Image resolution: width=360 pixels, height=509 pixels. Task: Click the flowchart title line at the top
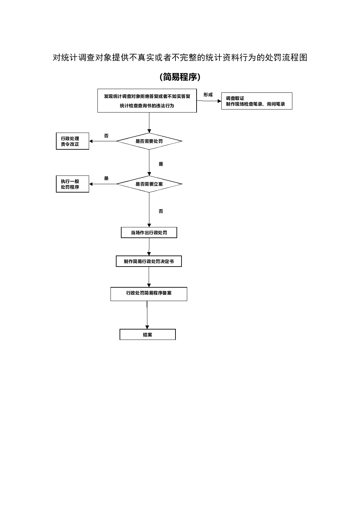(x=180, y=58)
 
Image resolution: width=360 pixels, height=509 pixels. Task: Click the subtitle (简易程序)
(x=180, y=77)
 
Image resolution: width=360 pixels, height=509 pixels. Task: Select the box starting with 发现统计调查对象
(x=147, y=101)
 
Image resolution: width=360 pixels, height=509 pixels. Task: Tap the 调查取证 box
(x=257, y=101)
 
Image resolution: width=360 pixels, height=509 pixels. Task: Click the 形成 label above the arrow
(x=208, y=95)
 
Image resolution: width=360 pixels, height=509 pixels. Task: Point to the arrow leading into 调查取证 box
(x=209, y=101)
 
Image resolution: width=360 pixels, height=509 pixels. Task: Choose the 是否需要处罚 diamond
(x=149, y=141)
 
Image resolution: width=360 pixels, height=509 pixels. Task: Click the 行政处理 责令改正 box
(x=72, y=141)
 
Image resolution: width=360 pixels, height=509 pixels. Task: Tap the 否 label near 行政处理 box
(x=106, y=136)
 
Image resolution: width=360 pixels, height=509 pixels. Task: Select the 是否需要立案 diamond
(x=149, y=184)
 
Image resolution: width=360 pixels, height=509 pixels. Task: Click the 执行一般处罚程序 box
(x=72, y=184)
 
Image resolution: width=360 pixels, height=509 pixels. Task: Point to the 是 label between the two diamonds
(x=161, y=164)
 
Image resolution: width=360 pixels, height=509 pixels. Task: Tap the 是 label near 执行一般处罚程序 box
(x=106, y=178)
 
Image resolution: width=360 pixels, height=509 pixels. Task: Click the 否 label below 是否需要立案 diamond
(x=161, y=211)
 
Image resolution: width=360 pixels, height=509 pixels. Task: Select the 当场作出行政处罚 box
(x=149, y=232)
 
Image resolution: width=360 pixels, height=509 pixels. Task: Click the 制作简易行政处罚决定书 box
(x=149, y=262)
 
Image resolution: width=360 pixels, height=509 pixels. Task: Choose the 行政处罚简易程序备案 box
(x=149, y=294)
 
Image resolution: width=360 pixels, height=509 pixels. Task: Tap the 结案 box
(x=147, y=335)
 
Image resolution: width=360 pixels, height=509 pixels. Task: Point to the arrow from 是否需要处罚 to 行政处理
(x=103, y=141)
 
